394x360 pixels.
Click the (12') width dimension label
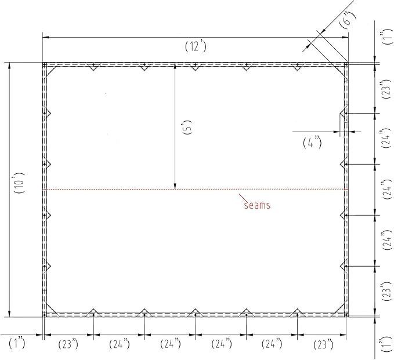(196, 46)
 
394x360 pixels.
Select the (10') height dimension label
(19, 183)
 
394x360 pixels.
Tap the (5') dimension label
(189, 128)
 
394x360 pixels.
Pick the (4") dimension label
(312, 143)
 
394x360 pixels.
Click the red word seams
(257, 205)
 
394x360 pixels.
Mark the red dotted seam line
(195, 190)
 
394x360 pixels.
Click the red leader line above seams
(242, 198)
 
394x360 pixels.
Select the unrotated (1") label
(17, 343)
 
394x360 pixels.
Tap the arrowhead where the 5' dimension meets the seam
(175, 186)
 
